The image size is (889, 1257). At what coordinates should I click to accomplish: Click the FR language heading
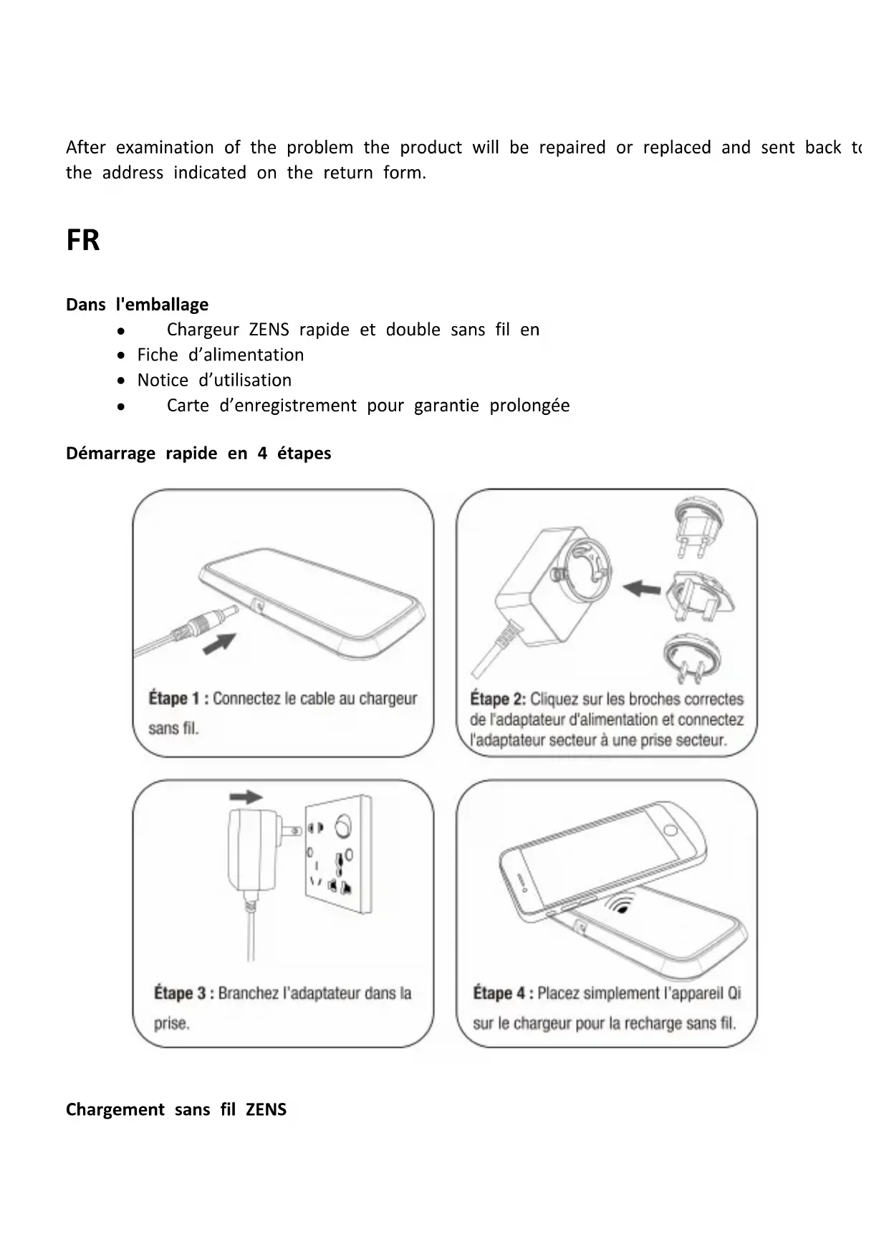82,240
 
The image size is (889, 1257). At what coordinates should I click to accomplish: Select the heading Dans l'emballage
137,305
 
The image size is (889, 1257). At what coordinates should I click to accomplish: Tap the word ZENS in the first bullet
269,330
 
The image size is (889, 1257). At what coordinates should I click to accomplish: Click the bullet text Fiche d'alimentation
220,355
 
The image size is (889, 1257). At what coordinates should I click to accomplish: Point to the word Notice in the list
163,380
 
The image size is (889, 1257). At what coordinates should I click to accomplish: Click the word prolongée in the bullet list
529,406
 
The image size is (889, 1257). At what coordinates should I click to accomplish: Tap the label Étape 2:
498,699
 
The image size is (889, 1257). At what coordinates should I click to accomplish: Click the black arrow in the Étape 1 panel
219,642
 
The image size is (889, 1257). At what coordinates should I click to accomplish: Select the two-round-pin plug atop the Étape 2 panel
696,527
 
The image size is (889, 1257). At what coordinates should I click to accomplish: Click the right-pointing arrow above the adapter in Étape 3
246,797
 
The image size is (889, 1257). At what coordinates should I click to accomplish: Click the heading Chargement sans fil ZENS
176,1109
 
